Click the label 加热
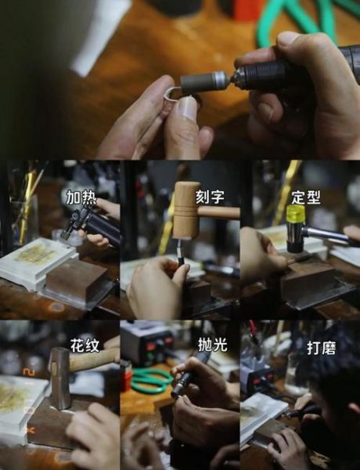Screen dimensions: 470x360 [x=82, y=196]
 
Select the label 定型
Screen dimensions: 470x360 [x=305, y=196]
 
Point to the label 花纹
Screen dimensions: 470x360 [x=85, y=345]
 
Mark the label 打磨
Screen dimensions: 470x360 [x=321, y=346]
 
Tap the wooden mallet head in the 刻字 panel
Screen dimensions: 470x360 [x=186, y=210]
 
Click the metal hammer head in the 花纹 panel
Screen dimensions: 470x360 [x=59, y=378]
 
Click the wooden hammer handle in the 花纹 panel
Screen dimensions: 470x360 [x=94, y=360]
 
